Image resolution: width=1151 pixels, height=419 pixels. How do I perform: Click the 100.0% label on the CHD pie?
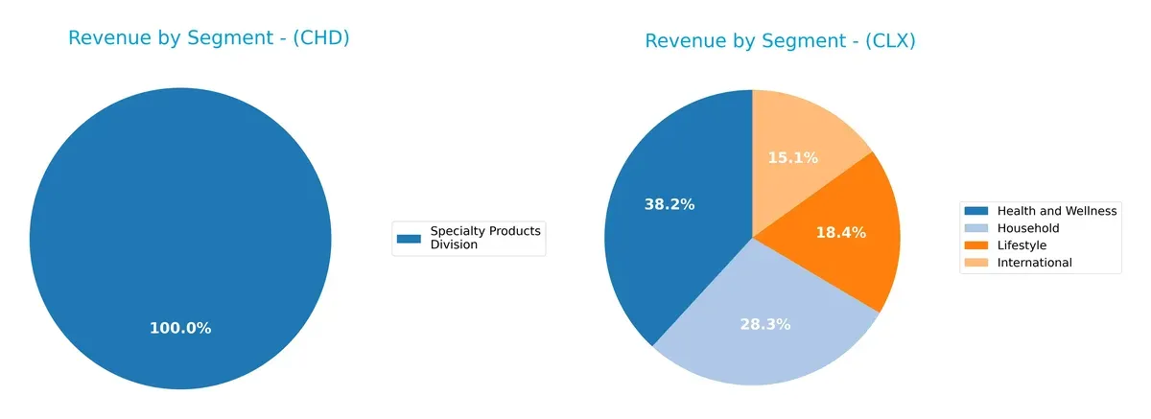(x=180, y=328)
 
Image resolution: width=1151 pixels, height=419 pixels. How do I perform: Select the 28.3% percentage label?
(x=765, y=324)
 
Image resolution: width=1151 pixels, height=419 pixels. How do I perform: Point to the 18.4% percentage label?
(x=841, y=232)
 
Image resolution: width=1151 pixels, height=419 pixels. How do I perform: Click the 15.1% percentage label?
(x=793, y=158)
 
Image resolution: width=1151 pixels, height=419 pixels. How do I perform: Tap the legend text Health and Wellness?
(x=1057, y=211)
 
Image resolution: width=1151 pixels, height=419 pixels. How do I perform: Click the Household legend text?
(x=1028, y=228)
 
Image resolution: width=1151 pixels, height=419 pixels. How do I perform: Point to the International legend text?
(x=1035, y=263)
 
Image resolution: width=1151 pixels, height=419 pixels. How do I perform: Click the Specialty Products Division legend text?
(x=485, y=238)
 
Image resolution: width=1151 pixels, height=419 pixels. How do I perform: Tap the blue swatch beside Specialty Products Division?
(x=410, y=238)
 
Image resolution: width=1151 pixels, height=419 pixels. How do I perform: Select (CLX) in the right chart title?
(x=889, y=41)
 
